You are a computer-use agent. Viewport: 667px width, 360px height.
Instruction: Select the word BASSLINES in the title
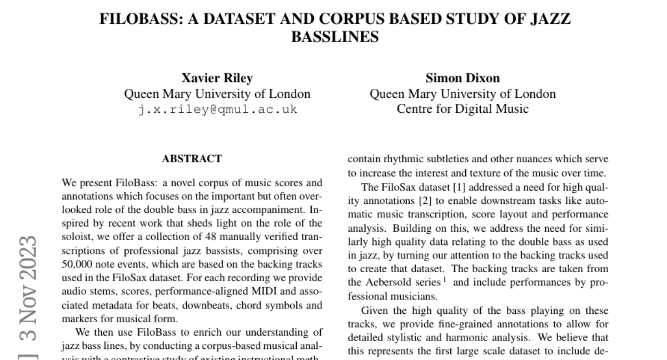(335, 37)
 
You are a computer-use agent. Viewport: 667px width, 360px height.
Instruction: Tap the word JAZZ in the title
(548, 19)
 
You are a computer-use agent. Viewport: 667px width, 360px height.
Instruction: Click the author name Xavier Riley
(217, 78)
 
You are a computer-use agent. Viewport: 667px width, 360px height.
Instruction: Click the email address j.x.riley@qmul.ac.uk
(217, 109)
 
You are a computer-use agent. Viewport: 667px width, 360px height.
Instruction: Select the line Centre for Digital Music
(462, 109)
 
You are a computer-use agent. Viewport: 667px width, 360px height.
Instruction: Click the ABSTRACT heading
(192, 159)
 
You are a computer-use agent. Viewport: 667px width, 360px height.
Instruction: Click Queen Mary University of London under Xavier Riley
(217, 94)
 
